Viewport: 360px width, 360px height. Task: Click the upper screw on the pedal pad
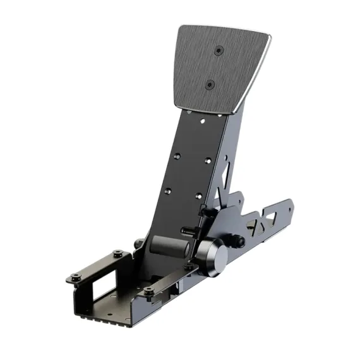(218, 50)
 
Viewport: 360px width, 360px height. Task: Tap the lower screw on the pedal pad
(210, 83)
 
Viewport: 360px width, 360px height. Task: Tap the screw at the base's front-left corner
(75, 277)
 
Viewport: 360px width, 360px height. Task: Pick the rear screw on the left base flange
(118, 254)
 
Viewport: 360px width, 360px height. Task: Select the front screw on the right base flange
(148, 291)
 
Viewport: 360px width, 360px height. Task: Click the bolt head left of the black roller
(138, 242)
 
